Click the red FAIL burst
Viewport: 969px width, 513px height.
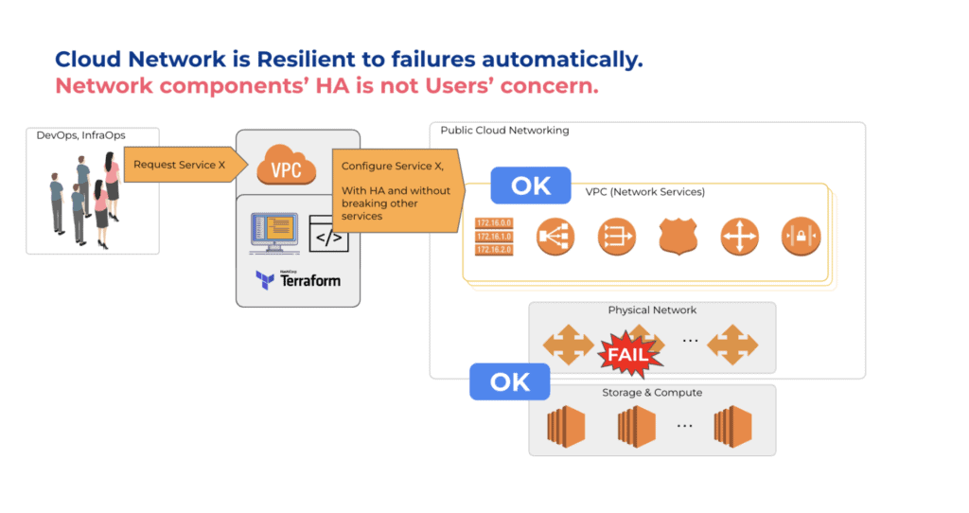pos(625,355)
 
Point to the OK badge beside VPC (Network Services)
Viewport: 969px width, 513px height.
pos(530,186)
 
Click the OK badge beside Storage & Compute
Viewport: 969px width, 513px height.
pos(510,381)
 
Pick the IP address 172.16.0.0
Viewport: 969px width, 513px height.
pos(493,224)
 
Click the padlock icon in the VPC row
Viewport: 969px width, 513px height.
pos(801,237)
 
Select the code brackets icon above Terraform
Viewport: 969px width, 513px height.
pos(328,237)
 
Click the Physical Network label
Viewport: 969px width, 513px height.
pos(652,310)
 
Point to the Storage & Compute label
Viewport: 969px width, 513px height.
pos(652,393)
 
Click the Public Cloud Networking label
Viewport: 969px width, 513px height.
pos(504,131)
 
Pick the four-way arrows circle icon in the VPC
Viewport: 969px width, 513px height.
pos(739,237)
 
